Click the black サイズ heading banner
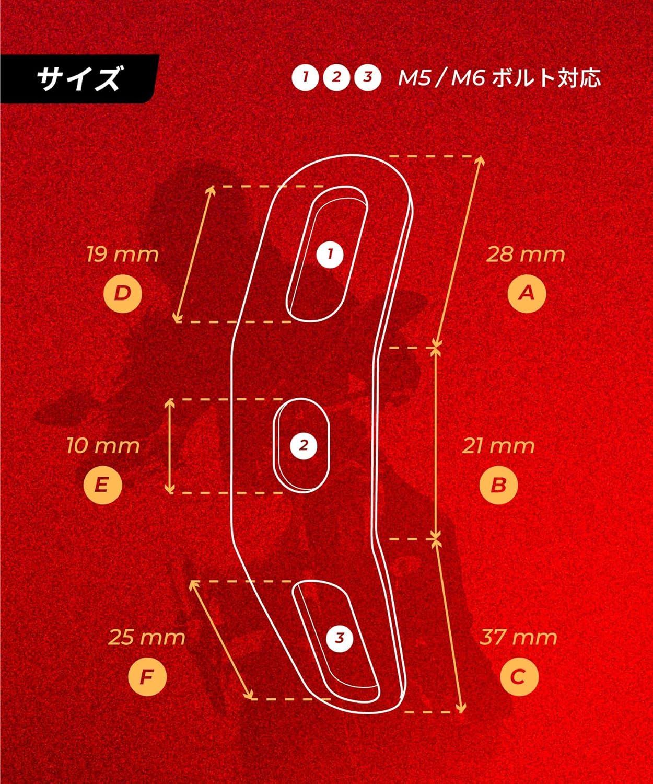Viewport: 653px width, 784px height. (79, 79)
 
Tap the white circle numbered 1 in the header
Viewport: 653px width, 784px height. (306, 77)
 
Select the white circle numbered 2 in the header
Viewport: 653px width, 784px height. (336, 77)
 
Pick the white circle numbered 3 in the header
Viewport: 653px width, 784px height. (368, 77)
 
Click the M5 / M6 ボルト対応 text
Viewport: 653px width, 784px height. (499, 78)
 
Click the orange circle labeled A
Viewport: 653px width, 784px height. (527, 293)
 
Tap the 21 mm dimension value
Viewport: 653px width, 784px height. (498, 446)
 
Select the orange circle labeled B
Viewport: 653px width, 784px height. (498, 485)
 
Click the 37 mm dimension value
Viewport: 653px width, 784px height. (518, 638)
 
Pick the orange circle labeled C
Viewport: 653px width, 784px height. (519, 676)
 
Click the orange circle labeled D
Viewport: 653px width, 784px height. (122, 293)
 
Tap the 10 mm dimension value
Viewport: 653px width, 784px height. (103, 446)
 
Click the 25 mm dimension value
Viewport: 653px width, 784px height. (147, 638)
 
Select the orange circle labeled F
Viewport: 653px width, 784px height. (147, 677)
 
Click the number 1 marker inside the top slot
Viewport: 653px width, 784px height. (330, 255)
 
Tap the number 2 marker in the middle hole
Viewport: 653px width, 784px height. (304, 446)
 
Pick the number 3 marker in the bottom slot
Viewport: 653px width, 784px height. (340, 638)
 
